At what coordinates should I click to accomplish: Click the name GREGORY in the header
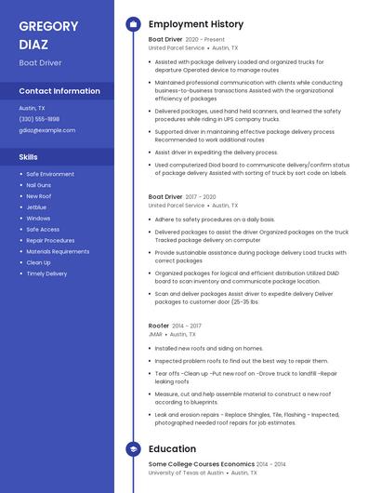(x=48, y=25)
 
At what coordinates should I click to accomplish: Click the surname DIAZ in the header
(x=34, y=44)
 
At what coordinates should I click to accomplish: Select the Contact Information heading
(x=59, y=91)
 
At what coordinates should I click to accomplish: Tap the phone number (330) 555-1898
(x=39, y=119)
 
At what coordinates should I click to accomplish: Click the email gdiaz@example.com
(x=47, y=130)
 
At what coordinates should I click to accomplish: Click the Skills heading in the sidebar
(x=29, y=157)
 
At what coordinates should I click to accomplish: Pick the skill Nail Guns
(x=39, y=185)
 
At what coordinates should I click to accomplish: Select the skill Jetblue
(x=36, y=207)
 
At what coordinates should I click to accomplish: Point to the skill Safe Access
(x=43, y=229)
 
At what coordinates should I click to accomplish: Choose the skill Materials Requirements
(x=58, y=251)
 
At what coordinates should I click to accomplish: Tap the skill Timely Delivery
(x=46, y=273)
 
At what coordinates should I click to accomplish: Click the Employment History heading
(x=196, y=24)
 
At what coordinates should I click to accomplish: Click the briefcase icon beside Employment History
(x=133, y=24)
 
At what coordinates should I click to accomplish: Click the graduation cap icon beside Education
(x=133, y=449)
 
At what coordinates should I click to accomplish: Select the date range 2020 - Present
(x=205, y=40)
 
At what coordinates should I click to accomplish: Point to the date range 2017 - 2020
(x=201, y=197)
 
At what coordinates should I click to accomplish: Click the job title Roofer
(x=159, y=326)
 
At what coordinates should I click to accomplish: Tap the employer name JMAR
(x=155, y=334)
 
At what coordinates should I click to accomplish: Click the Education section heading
(x=172, y=449)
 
